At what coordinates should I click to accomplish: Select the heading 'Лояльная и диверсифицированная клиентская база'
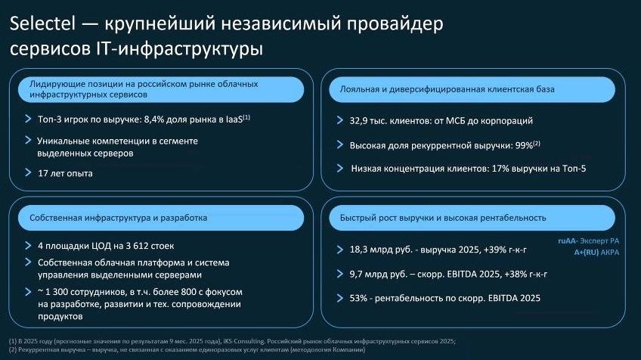pos(442,89)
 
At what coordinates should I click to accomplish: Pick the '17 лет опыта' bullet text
pos(65,174)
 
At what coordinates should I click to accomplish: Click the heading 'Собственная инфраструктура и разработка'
pos(118,218)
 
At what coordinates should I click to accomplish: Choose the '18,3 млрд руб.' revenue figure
pos(382,249)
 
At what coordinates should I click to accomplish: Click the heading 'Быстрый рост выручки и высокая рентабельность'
pos(438,218)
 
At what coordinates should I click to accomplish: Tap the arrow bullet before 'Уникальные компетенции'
pos(28,141)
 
